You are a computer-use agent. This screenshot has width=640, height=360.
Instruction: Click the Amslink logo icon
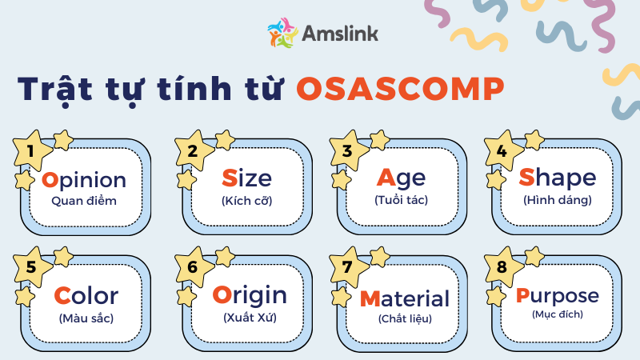pos(282,33)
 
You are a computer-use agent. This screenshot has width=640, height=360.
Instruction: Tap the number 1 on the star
pos(30,150)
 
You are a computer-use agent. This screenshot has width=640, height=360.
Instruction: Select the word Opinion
pos(83,178)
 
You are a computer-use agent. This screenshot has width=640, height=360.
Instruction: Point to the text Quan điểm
pos(83,200)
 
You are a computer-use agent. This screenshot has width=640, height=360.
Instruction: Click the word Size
pos(246,178)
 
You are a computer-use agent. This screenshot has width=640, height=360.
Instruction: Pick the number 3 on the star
pos(346,150)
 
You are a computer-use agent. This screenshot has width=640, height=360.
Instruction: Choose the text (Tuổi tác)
pos(401,200)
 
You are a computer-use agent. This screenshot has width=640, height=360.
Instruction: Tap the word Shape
pos(558,178)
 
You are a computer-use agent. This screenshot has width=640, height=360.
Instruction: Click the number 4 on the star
pos(502,150)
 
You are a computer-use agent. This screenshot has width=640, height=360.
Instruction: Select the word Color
pos(86,296)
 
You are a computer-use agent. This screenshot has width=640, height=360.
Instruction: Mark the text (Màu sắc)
pos(86,318)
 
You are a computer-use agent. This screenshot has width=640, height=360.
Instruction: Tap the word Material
pos(404,298)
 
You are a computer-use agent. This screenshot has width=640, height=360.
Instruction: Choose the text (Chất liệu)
pos(404,318)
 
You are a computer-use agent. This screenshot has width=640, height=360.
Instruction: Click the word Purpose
pos(558,296)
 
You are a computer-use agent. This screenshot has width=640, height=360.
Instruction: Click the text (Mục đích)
pos(558,314)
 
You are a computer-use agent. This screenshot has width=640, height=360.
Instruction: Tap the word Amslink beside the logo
pos(340,33)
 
